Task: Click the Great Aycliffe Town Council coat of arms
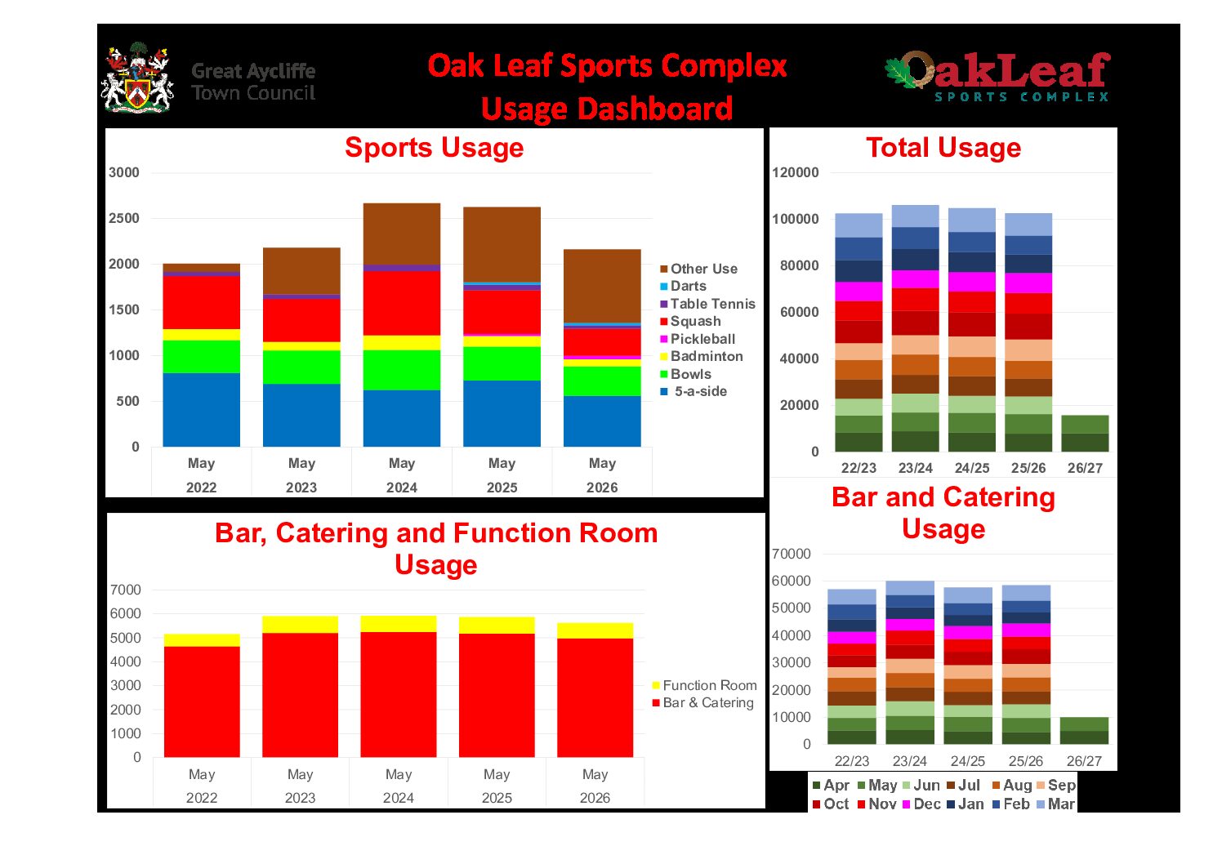(x=137, y=78)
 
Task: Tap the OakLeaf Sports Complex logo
(x=998, y=77)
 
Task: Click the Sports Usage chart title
(x=435, y=148)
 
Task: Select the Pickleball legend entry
(x=698, y=339)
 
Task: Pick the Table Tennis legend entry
(x=707, y=304)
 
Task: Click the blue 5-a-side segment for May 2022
(x=201, y=410)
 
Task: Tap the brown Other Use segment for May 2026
(x=602, y=286)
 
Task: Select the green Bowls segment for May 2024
(x=402, y=370)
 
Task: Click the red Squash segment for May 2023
(x=301, y=320)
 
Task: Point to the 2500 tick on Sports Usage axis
(x=124, y=218)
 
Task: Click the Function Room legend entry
(x=705, y=686)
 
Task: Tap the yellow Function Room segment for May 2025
(x=497, y=625)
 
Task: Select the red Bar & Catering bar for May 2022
(x=202, y=702)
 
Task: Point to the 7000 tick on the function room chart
(x=126, y=590)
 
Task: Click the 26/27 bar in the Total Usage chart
(x=1085, y=434)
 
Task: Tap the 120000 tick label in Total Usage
(x=796, y=172)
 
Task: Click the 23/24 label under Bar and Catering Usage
(x=909, y=761)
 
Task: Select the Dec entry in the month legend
(x=921, y=804)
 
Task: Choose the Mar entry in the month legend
(x=1055, y=804)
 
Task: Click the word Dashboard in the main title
(x=654, y=109)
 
